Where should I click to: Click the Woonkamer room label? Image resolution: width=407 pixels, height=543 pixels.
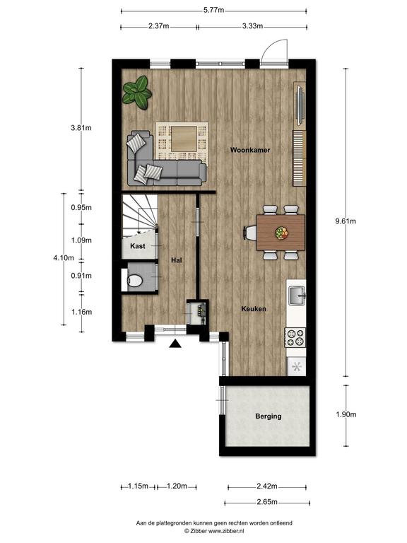click(x=250, y=150)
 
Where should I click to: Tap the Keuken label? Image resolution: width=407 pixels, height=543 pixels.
click(x=254, y=308)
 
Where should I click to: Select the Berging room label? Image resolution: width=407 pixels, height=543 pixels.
click(x=269, y=416)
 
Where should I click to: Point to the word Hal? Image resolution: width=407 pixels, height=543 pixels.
click(x=177, y=260)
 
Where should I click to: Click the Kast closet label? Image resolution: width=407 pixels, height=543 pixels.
click(x=138, y=246)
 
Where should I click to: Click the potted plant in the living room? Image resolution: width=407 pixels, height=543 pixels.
click(x=137, y=93)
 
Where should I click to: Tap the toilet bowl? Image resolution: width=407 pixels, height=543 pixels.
click(x=134, y=280)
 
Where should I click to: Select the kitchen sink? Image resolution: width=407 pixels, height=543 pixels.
click(x=297, y=296)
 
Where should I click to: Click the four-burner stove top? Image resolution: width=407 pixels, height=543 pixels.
click(x=295, y=338)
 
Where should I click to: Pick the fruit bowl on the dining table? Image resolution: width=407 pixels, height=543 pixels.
click(x=281, y=233)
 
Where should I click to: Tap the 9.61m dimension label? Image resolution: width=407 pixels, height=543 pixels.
click(x=346, y=221)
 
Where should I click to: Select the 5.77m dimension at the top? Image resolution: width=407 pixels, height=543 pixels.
click(x=213, y=10)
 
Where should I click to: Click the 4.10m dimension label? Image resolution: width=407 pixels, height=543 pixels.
click(x=64, y=257)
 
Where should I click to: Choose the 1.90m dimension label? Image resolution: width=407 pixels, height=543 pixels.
click(x=346, y=414)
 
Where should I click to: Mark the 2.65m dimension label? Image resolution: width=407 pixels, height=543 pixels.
click(x=267, y=502)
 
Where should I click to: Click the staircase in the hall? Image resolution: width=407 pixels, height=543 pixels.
click(x=139, y=215)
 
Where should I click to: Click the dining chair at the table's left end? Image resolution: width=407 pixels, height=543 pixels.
click(x=251, y=233)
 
